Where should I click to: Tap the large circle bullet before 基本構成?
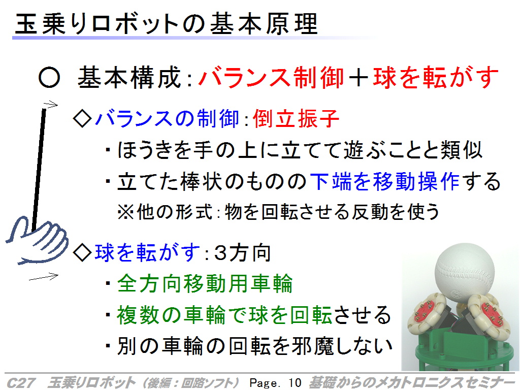(49, 78)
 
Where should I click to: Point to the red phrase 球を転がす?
(436, 78)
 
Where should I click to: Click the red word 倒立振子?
(296, 118)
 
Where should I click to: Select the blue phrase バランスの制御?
(167, 118)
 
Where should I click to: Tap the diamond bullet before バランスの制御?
(82, 118)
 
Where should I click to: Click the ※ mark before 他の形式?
(126, 212)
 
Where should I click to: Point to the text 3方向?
(242, 253)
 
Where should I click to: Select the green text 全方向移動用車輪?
(205, 283)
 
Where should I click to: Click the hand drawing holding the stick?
(37, 240)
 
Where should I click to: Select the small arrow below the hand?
(44, 277)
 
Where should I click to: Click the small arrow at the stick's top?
(50, 105)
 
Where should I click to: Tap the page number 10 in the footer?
(295, 382)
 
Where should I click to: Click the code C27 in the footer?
(21, 382)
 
